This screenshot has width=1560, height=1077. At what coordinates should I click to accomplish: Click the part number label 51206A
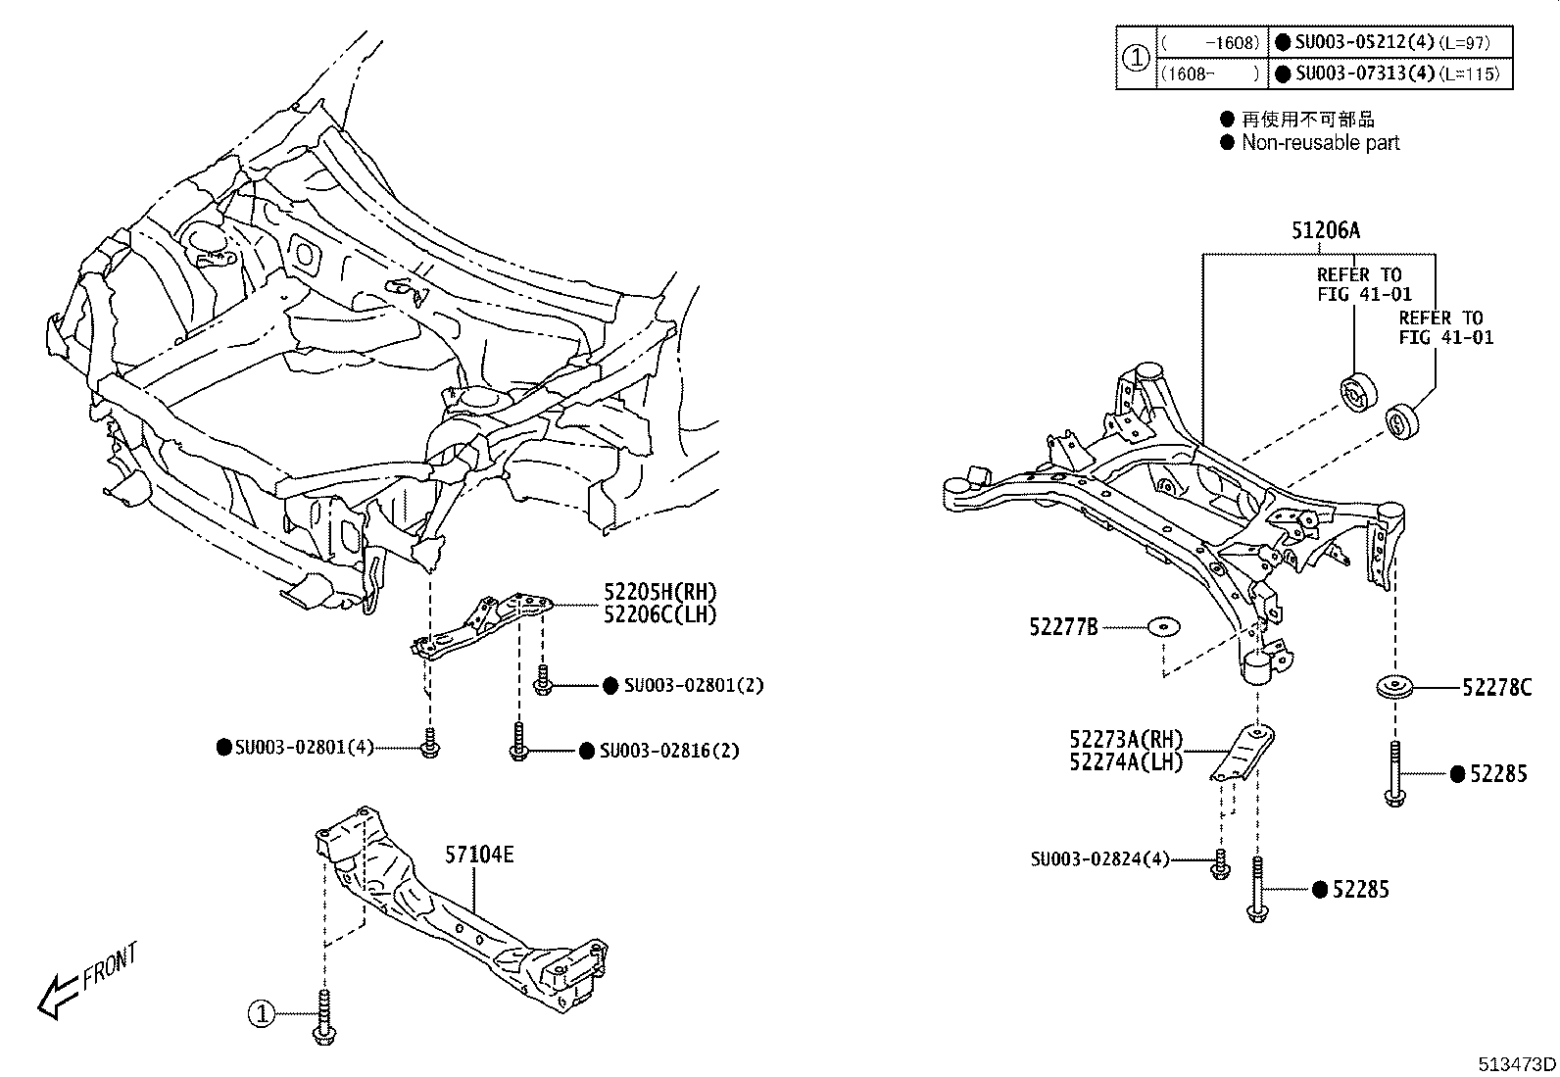[x=1325, y=231]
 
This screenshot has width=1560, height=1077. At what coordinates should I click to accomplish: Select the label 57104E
[x=478, y=855]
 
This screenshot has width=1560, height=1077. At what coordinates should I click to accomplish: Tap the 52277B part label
[x=1063, y=627]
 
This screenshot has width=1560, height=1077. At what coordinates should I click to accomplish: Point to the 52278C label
[x=1495, y=688]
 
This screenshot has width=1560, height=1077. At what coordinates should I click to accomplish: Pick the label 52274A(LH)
[x=1125, y=761]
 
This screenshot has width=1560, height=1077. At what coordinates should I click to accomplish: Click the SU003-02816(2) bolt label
[x=669, y=751]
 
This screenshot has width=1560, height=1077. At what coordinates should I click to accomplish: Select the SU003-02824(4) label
[x=1099, y=859]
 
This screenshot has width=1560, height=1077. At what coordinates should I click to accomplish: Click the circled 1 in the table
[x=1135, y=58]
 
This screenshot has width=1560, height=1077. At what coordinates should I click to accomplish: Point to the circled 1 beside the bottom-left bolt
[x=262, y=1015]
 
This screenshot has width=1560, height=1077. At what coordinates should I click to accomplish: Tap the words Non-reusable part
[x=1320, y=143]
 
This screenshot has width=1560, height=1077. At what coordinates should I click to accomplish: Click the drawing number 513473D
[x=1517, y=1064]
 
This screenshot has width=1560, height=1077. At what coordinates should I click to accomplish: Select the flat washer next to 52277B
[x=1164, y=626]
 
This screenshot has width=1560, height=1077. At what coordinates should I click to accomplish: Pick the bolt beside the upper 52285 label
[x=1394, y=774]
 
